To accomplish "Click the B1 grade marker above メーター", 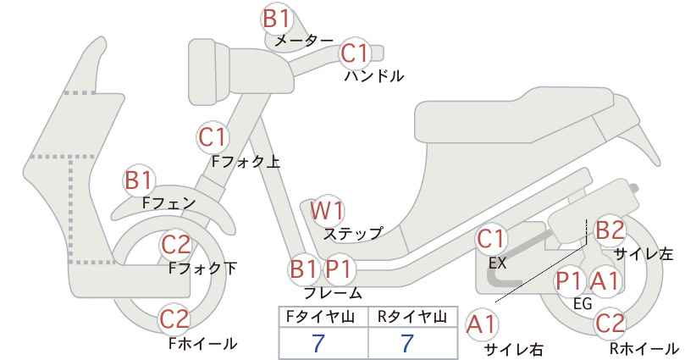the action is click(x=276, y=19).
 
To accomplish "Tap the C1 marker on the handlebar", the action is click(x=355, y=53).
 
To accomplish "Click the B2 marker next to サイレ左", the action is click(x=610, y=231).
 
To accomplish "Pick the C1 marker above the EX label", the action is click(x=491, y=239).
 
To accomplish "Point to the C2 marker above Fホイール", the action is click(x=175, y=319).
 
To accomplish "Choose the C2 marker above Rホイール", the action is click(x=610, y=324).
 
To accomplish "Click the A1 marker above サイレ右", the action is click(x=481, y=325).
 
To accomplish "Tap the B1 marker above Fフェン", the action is click(x=139, y=181).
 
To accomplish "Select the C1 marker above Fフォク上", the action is click(x=213, y=137).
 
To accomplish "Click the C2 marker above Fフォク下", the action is click(x=175, y=245).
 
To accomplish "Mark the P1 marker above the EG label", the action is click(x=570, y=281).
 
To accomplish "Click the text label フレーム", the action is click(x=333, y=293).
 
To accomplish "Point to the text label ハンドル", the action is click(x=374, y=76).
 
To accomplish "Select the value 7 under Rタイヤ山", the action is click(x=406, y=343).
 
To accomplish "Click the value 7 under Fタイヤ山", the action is click(x=318, y=343).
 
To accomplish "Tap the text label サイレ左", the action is click(x=644, y=253).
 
